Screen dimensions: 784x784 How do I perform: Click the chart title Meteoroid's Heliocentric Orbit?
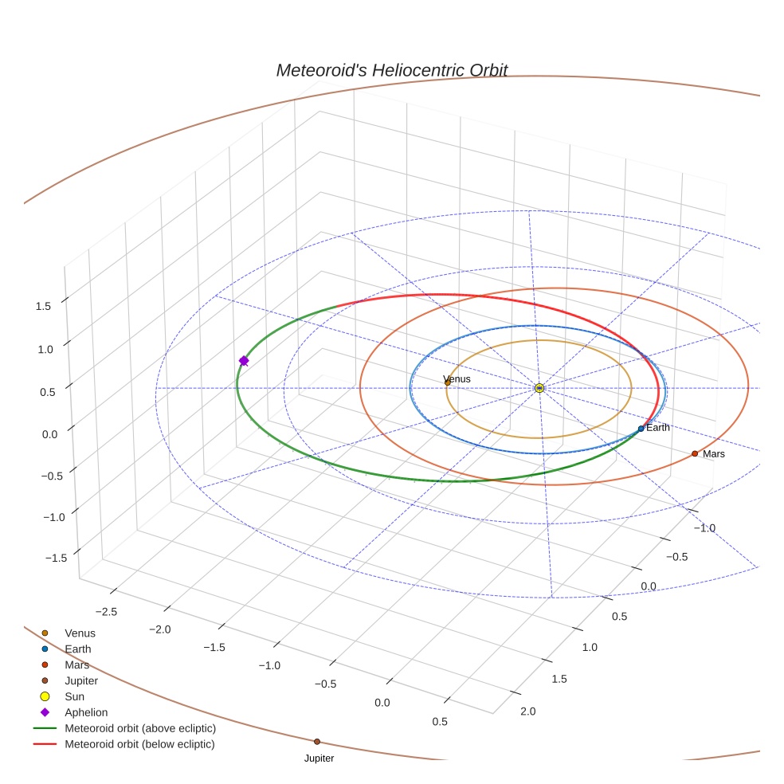tap(391, 70)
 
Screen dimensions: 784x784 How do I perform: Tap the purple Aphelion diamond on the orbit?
tap(244, 361)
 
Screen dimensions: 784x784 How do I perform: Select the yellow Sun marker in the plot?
tap(539, 388)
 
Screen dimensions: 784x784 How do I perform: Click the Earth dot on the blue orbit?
tap(641, 429)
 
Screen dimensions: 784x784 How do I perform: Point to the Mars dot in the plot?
tap(695, 453)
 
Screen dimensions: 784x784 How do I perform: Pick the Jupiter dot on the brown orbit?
tap(317, 742)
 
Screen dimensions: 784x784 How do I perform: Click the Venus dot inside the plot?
tap(447, 382)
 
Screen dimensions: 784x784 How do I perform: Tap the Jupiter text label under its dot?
tap(319, 759)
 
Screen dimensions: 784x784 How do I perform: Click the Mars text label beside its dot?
tap(714, 454)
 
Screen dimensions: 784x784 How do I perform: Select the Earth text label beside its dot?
tap(658, 428)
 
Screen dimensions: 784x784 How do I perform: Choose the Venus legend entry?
tap(80, 633)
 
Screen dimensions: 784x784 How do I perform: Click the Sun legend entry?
tap(74, 697)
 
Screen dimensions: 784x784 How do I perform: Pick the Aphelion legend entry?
tap(86, 713)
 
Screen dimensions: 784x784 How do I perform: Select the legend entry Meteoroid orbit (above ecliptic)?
tap(140, 728)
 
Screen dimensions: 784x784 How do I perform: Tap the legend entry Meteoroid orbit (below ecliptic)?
tap(140, 744)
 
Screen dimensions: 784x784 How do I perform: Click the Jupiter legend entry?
tap(81, 681)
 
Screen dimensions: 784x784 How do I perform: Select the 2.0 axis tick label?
tap(527, 711)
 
